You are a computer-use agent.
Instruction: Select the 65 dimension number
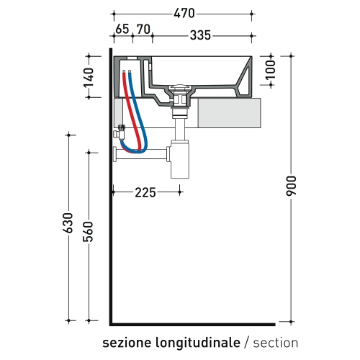122,30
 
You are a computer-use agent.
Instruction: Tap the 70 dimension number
143,30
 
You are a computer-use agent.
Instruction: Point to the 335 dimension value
204,34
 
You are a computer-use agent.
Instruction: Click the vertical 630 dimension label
69,224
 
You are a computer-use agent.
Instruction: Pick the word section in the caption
275,342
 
